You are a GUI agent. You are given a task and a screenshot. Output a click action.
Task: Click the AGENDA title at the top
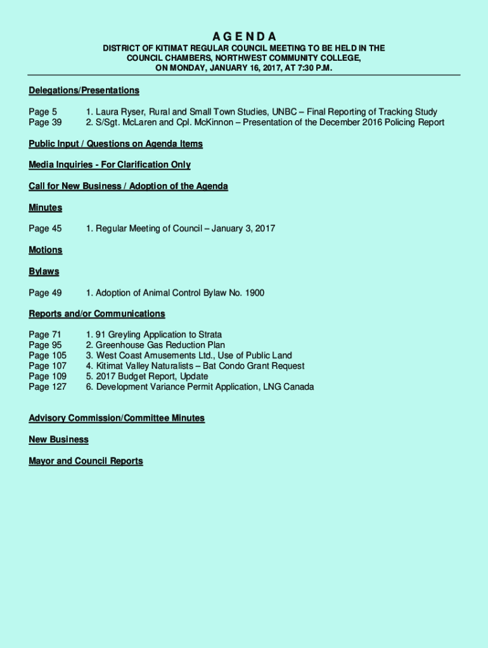coord(244,36)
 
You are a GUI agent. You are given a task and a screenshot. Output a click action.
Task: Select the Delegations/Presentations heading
coord(84,90)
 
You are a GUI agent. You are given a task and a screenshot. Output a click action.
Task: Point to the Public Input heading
coord(115,144)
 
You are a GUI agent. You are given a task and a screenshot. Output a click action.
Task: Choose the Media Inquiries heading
coord(109,165)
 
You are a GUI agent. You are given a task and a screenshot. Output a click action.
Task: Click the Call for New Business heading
coord(128,186)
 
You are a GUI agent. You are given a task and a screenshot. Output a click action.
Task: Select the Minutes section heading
coord(45,208)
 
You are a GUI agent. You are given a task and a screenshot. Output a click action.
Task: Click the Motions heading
coord(45,250)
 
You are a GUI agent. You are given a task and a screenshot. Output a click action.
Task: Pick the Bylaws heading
coord(44,271)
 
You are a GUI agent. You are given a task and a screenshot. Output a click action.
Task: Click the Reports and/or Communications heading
coord(96,314)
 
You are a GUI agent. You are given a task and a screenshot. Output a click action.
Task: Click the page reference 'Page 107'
coord(48,366)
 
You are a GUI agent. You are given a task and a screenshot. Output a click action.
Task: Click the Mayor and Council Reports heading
coord(86,461)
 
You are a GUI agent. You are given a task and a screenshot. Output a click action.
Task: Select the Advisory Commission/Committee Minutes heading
coord(116,418)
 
